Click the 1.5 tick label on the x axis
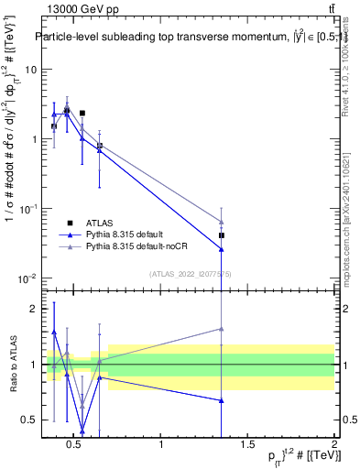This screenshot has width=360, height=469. (247, 445)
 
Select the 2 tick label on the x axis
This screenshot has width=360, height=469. (333, 445)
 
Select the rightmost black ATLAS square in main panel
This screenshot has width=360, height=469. (222, 235)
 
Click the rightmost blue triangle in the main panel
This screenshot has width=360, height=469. (222, 249)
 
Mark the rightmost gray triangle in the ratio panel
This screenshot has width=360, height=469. (222, 329)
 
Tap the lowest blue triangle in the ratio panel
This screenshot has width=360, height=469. (82, 431)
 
